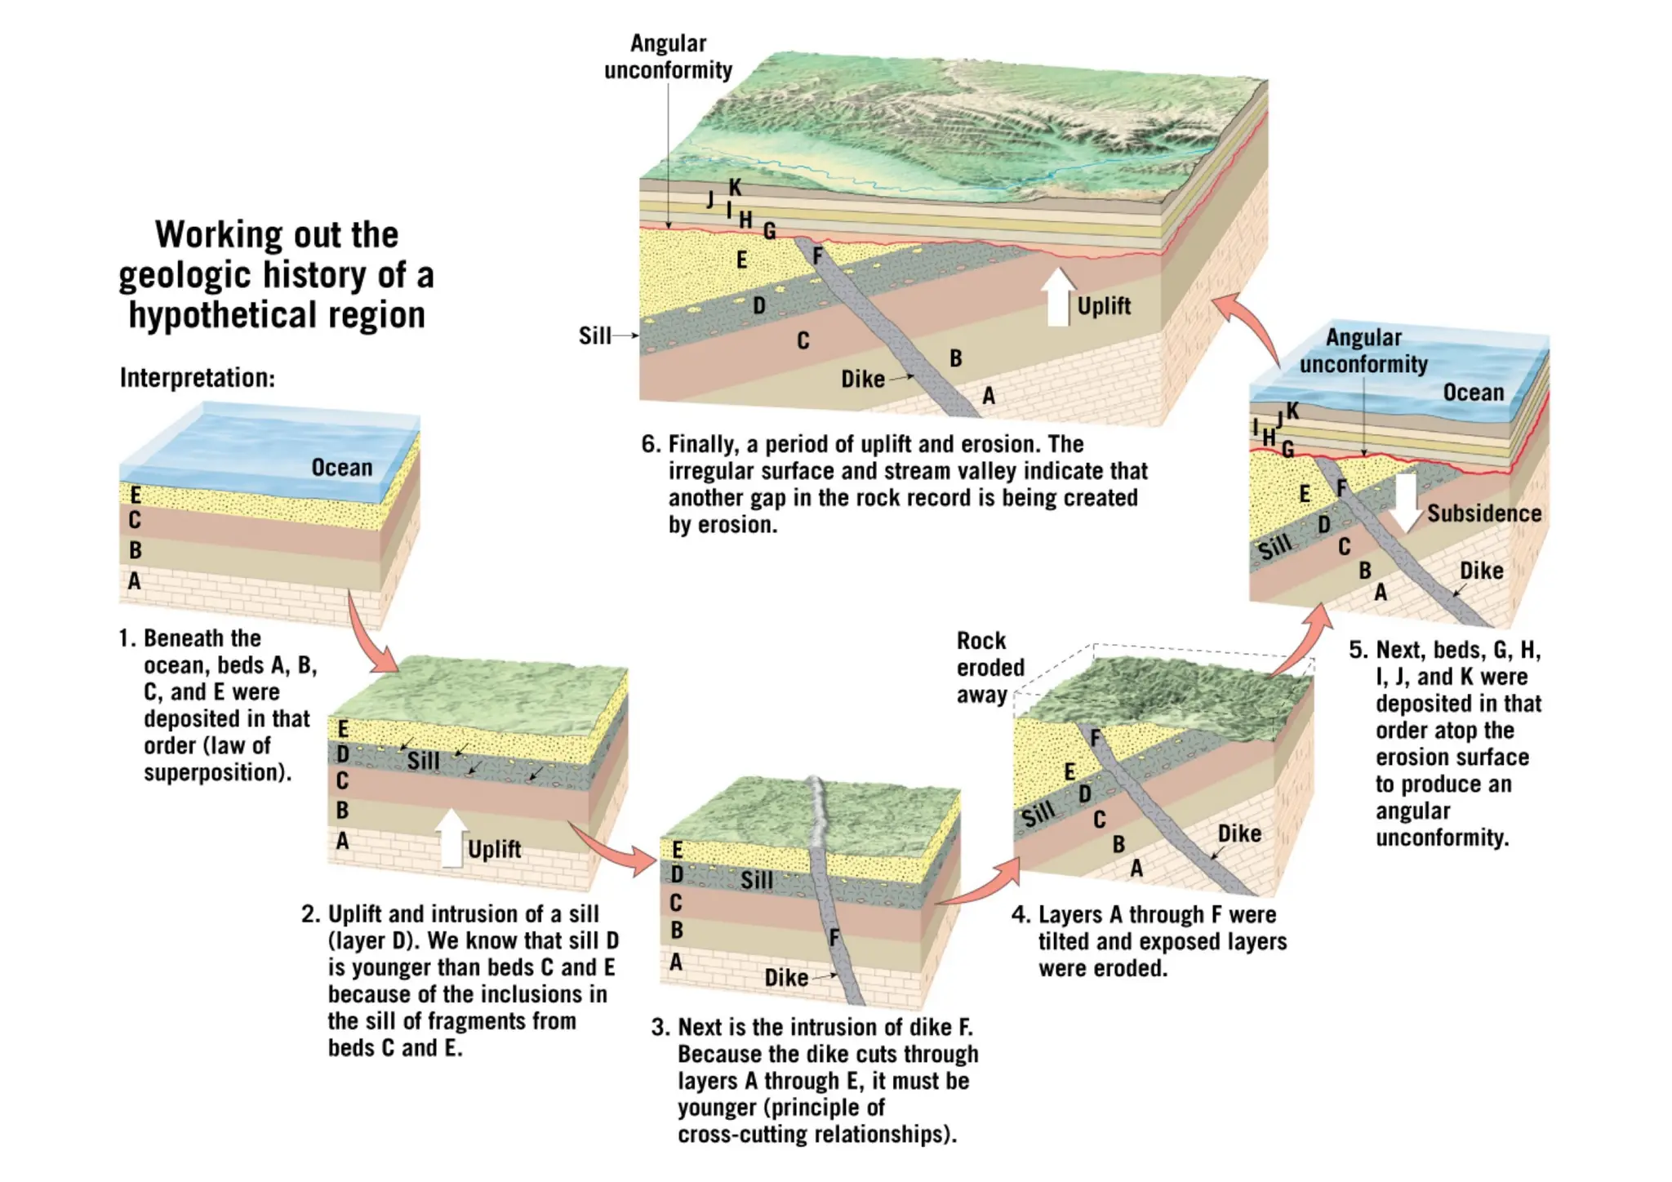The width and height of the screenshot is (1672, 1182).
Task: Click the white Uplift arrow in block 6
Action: pos(1058,297)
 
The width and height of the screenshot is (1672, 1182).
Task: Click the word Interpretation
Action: pos(197,378)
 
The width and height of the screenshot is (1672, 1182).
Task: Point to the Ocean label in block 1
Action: pos(341,468)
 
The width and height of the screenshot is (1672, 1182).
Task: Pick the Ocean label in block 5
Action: pos(1473,393)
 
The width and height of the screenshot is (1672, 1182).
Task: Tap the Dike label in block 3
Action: pos(785,978)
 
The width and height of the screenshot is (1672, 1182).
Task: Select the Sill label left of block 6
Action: pos(594,335)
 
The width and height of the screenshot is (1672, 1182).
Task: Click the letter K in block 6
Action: pos(735,188)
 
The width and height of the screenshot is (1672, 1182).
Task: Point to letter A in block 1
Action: pos(135,581)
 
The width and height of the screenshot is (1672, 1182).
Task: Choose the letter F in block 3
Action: pos(834,938)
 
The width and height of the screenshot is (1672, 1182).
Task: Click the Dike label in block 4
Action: pos(1239,833)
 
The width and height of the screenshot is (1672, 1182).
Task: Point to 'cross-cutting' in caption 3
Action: pos(745,1134)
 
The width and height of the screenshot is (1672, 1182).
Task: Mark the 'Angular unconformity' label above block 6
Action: pos(668,56)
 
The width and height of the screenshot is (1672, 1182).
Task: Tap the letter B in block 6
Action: pos(955,358)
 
